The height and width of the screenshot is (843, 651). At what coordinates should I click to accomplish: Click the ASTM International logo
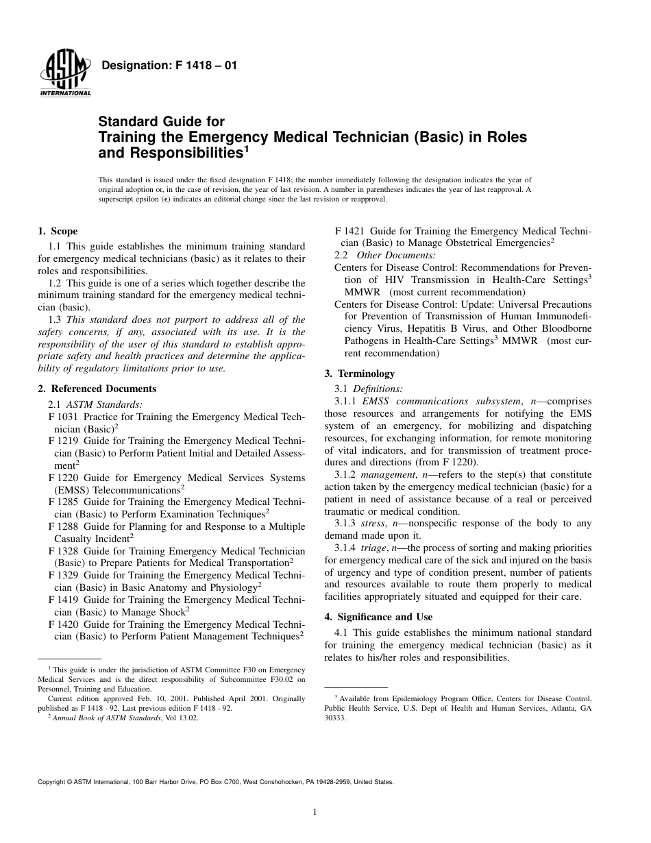(x=65, y=73)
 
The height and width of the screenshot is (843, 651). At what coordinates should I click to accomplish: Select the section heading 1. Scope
(x=58, y=231)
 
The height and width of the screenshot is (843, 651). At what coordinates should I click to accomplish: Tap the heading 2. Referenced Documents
(x=97, y=389)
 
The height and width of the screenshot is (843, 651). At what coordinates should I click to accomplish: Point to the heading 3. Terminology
(x=360, y=374)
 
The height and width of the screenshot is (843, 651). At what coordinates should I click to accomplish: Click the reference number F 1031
(x=63, y=417)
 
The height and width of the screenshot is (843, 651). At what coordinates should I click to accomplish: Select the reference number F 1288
(x=63, y=526)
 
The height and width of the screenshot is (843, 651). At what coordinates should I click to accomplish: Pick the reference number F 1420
(x=63, y=624)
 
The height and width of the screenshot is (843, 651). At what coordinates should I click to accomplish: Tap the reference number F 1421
(x=349, y=231)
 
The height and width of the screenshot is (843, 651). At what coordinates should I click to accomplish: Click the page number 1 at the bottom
(x=314, y=812)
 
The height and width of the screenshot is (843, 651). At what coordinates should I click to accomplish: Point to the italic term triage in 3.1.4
(x=374, y=547)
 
